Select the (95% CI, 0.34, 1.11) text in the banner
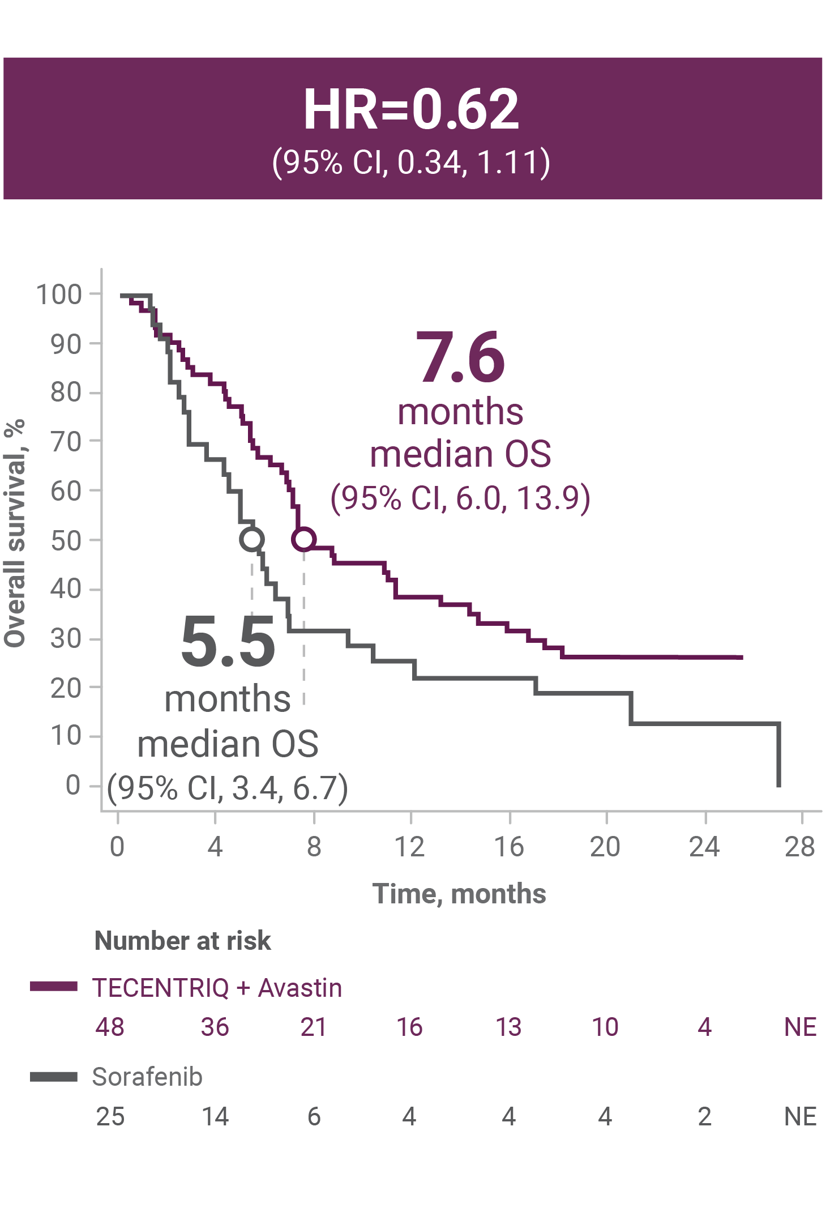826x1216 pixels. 411,163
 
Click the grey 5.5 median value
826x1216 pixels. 228,642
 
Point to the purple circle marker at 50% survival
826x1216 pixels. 304,539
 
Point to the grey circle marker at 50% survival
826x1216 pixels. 251,539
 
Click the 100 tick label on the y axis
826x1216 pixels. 59,295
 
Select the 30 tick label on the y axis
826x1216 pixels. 66,639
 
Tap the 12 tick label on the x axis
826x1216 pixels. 409,847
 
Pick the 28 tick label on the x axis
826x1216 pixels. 799,847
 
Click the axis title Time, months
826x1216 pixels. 459,894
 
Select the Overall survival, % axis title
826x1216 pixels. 15,533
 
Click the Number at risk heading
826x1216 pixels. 182,941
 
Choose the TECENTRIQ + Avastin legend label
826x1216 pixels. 217,988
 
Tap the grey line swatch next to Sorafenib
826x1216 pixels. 54,1077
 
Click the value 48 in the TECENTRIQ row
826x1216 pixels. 110,1027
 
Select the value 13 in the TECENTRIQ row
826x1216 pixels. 508,1027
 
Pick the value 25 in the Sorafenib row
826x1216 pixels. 110,1116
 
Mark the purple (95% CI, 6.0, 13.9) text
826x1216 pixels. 460,498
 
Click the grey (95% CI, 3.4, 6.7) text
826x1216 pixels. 228,788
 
